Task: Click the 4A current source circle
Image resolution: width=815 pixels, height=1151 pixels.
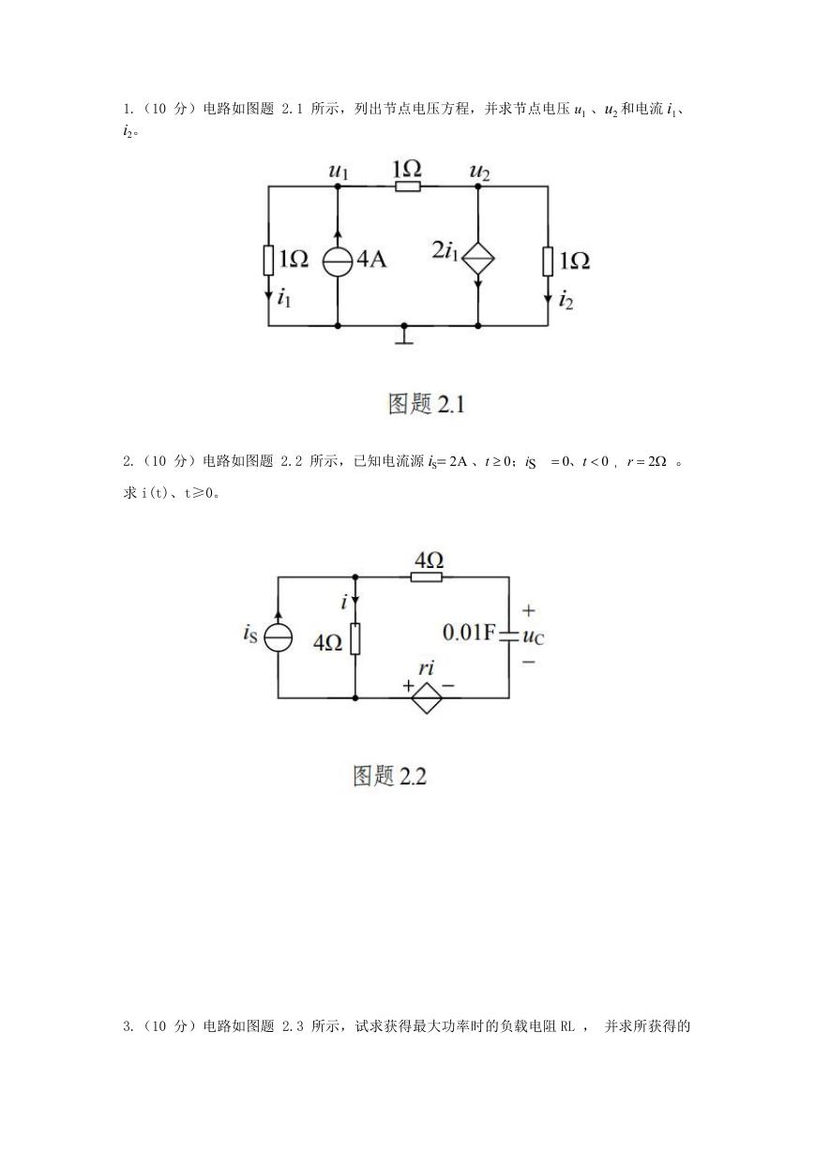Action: [338, 261]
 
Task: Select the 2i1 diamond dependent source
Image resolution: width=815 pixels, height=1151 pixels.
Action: [477, 257]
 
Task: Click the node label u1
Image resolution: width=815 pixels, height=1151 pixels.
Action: [339, 171]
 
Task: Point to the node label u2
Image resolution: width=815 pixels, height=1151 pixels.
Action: [480, 171]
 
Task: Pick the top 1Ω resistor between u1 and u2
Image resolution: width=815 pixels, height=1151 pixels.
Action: [408, 186]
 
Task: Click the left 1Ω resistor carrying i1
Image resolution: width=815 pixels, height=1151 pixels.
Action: [268, 261]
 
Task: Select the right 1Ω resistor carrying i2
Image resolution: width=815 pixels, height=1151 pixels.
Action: [548, 261]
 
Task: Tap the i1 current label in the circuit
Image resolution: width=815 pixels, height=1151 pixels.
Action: [284, 298]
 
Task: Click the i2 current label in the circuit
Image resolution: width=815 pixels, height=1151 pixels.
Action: [566, 300]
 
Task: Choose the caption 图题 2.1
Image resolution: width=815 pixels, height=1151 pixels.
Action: [427, 404]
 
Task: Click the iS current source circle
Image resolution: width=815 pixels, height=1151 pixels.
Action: [279, 637]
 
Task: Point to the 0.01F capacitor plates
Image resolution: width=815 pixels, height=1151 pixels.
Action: [509, 637]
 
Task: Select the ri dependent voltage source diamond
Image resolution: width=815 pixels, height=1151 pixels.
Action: [427, 697]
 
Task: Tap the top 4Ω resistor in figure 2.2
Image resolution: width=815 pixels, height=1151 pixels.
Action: [427, 577]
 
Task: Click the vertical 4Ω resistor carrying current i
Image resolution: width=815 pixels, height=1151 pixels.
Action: [355, 638]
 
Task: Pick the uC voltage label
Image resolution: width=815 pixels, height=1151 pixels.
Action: [534, 637]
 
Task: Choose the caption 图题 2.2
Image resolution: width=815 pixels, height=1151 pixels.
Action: [390, 775]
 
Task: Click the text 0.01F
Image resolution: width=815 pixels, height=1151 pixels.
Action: [468, 633]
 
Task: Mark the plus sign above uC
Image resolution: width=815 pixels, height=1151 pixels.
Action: [529, 610]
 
